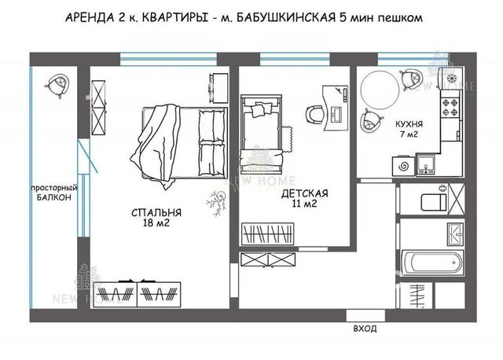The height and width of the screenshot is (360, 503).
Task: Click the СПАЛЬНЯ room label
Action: [x=156, y=212]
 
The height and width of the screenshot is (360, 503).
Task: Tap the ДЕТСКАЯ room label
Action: [x=305, y=193]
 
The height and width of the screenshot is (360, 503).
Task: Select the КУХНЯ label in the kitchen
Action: [x=409, y=124]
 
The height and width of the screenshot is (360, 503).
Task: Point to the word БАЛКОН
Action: [x=54, y=197]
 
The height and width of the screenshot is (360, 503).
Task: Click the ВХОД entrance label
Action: [x=365, y=329]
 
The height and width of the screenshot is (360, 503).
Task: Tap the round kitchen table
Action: [x=380, y=90]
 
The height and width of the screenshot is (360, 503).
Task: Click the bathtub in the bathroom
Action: [x=432, y=263]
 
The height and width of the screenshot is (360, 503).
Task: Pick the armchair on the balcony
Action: [x=57, y=84]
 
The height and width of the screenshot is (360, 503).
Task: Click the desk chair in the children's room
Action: [x=314, y=115]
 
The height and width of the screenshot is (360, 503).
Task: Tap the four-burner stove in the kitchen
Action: [x=451, y=108]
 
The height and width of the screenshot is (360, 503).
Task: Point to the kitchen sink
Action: [x=426, y=165]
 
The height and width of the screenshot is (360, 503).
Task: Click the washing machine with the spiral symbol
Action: [x=403, y=166]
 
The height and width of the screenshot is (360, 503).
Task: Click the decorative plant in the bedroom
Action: [x=217, y=202]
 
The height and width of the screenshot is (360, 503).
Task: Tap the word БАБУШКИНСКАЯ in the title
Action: [x=286, y=17]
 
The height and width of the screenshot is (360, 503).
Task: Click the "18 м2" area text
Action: [x=156, y=222]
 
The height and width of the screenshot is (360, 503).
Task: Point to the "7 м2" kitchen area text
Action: [x=409, y=134]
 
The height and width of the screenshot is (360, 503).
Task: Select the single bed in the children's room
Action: [x=262, y=134]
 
